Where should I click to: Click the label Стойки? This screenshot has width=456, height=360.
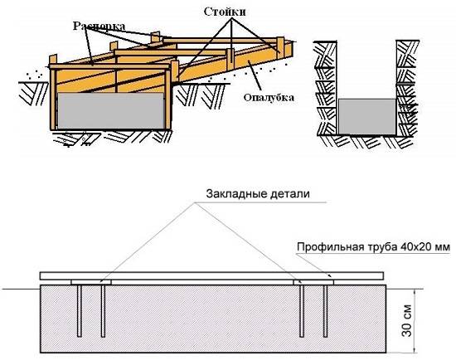coord(225,12)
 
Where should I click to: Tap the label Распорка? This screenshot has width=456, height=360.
coord(99,26)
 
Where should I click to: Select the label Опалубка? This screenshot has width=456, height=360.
coord(269,98)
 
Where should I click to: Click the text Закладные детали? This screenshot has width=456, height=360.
coord(258,194)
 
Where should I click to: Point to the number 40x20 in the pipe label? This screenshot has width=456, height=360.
coord(415,247)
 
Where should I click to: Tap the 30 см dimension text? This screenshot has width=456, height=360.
coord(406,320)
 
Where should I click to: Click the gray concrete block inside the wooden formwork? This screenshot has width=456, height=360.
coord(111,111)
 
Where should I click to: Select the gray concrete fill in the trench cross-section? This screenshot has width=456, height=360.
coord(367,116)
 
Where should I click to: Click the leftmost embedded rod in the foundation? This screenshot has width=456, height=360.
coord(80,311)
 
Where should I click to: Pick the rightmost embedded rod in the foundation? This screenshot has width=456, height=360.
coord(326,311)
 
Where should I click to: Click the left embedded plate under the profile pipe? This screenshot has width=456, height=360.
coord(91,282)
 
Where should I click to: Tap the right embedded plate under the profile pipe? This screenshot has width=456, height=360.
coord(313,282)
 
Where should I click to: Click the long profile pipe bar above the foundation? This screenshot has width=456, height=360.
coord(211,275)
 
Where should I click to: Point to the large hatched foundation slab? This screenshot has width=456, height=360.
coord(213,319)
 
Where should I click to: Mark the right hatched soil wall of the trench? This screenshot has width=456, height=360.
coord(407,88)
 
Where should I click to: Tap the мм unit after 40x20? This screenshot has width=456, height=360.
coord(443,248)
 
